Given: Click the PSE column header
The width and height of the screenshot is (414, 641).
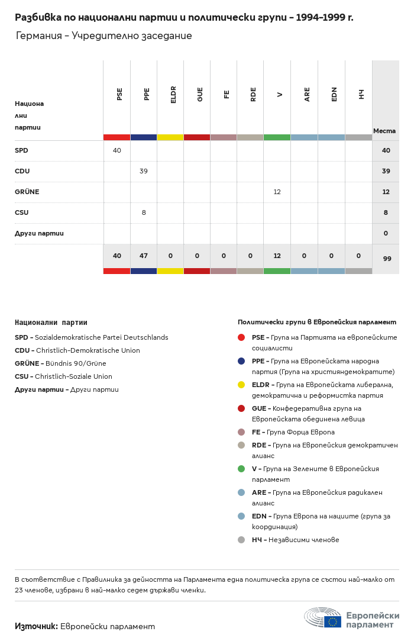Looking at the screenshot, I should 119,94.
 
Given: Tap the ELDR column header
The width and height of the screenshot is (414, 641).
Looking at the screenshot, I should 173,95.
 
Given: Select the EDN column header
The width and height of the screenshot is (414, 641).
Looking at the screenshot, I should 334,94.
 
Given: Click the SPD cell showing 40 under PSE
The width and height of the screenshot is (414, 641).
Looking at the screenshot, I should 117,150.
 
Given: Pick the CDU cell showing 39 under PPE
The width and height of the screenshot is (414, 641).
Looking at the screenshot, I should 143,171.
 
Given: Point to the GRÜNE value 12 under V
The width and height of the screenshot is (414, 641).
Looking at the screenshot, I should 277,192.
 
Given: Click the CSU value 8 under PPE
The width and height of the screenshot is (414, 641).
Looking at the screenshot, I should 143,212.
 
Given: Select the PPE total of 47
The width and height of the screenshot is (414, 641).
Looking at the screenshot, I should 143,256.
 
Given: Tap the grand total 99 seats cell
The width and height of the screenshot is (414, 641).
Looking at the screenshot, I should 386,259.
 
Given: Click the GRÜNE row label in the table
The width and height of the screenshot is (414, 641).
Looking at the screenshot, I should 27,192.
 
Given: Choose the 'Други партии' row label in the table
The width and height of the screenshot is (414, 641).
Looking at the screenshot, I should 39,233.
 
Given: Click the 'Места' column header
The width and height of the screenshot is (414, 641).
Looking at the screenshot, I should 384,131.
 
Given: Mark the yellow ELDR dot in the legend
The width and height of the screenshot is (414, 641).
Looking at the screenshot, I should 241,385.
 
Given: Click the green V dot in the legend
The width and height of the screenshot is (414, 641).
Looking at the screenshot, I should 241,469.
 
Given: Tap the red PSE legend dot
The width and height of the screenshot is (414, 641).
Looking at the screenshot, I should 241,337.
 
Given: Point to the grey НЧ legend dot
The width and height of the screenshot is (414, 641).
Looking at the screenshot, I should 241,540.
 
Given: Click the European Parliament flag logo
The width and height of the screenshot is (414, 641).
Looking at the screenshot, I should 332,621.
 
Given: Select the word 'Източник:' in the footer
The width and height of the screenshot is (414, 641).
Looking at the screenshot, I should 36,626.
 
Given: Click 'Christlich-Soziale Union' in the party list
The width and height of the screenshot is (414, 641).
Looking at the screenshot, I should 73,376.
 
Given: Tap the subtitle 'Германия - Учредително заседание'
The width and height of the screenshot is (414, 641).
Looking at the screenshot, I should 103,36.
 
